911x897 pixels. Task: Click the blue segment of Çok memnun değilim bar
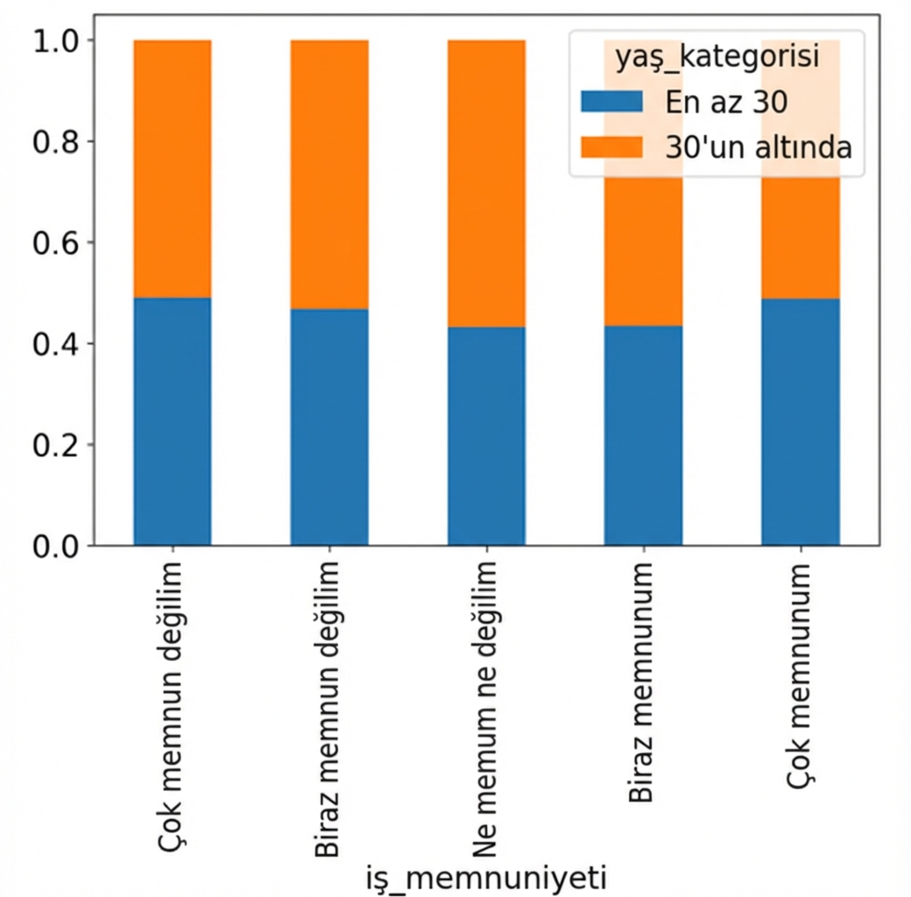click(172, 421)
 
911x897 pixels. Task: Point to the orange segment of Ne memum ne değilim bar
click(486, 183)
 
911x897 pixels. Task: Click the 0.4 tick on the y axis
click(55, 343)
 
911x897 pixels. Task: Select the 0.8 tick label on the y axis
click(55, 141)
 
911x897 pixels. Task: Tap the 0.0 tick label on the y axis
click(55, 546)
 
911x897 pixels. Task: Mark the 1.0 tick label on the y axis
click(55, 40)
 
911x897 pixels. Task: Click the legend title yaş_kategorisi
click(717, 58)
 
